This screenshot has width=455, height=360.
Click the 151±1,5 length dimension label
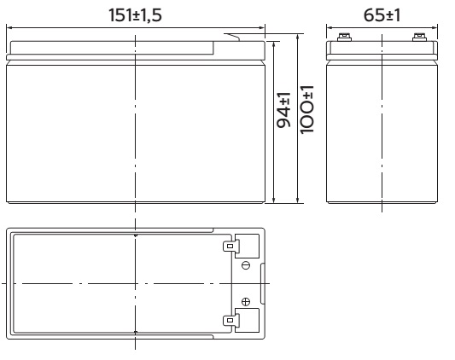pos(135,15)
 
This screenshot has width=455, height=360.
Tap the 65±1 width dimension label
pos(382,15)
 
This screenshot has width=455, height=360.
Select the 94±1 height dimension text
pos(283,110)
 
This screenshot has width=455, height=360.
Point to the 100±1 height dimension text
pos(306,110)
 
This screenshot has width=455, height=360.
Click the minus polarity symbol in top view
pos(246,265)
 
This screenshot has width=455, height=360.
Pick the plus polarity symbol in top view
pos(246,302)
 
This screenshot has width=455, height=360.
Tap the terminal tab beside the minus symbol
pos(230,247)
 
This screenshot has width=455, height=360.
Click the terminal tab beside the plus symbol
pos(230,320)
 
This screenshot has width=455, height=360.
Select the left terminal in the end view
pos(344,38)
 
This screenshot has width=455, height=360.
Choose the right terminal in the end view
pos(420,38)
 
